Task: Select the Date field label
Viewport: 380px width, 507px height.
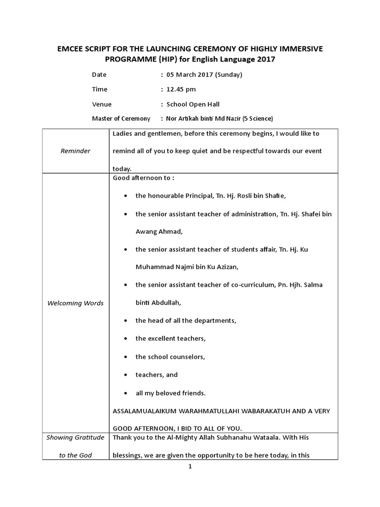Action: pyautogui.click(x=99, y=75)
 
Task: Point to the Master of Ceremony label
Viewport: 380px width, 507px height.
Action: pyautogui.click(x=121, y=119)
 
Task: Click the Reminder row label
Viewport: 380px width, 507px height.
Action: pyautogui.click(x=75, y=151)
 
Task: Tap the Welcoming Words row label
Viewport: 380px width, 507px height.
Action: pyautogui.click(x=75, y=303)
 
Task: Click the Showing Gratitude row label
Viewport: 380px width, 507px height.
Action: pyautogui.click(x=75, y=438)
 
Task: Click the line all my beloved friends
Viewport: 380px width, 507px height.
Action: pyautogui.click(x=170, y=393)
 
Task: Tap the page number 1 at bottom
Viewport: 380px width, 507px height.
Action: pyautogui.click(x=190, y=466)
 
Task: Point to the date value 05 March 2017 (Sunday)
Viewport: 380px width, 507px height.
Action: pyautogui.click(x=204, y=75)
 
